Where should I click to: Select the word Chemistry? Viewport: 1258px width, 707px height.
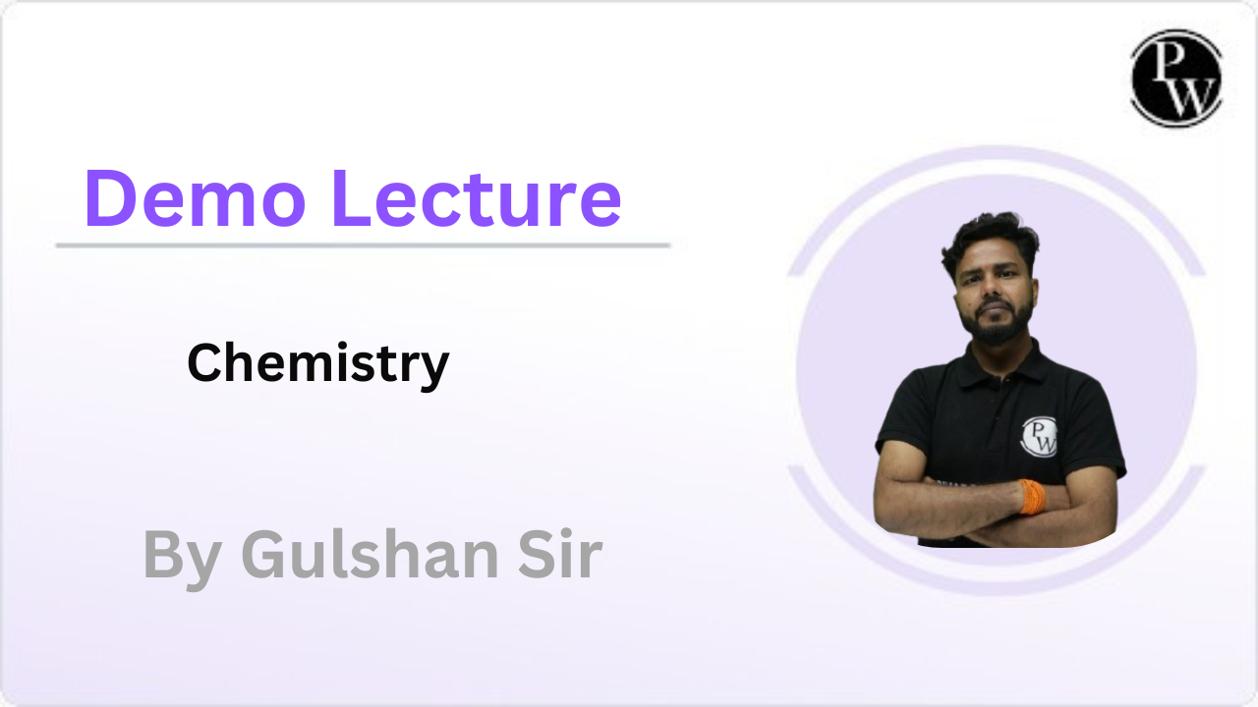pos(317,364)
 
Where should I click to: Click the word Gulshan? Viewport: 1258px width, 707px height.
pos(373,556)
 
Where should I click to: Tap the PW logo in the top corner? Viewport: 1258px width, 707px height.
pos(1175,78)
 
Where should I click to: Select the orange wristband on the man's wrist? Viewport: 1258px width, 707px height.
pos(1032,497)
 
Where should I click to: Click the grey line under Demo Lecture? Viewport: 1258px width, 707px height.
pos(363,245)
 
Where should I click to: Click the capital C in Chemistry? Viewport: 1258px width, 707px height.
pos(203,363)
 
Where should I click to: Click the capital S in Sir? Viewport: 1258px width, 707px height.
pos(533,556)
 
